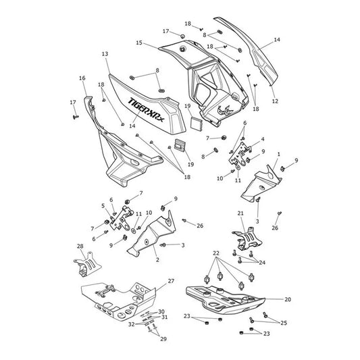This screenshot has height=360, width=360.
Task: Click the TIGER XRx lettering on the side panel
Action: tap(146, 109)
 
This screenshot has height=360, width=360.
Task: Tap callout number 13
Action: tap(105, 54)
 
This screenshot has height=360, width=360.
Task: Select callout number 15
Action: tap(139, 43)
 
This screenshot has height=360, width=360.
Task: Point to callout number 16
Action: tap(82, 78)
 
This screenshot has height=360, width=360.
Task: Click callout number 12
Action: tap(275, 101)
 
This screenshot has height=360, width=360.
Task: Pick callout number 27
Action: tap(171, 281)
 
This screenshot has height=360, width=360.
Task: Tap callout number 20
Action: tap(288, 299)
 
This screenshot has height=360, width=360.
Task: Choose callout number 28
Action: tap(80, 247)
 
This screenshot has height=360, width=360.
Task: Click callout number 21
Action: tap(240, 213)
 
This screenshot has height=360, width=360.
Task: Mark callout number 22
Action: tap(216, 253)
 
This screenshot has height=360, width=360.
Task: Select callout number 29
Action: tap(163, 339)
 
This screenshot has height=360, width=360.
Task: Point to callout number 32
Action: tap(131, 324)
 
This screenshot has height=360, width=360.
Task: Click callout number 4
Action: tap(263, 139)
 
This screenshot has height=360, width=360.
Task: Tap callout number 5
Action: tap(103, 206)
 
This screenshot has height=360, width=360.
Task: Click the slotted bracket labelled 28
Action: tap(88, 264)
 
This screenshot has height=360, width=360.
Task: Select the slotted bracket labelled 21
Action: tap(247, 239)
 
